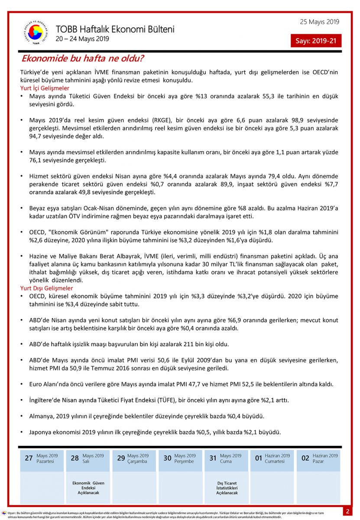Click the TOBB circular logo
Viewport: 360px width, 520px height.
[x=36, y=33]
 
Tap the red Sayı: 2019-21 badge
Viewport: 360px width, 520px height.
[x=316, y=41]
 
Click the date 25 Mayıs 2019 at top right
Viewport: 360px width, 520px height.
[x=319, y=22]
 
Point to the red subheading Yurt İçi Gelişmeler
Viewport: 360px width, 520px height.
[x=45, y=88]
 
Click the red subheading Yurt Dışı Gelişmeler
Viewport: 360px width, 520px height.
[x=47, y=288]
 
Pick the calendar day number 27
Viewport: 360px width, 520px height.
[x=29, y=458]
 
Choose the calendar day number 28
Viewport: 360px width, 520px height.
[x=75, y=458]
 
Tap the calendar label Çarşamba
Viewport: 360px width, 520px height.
[x=137, y=461]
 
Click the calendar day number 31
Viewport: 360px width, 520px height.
[x=213, y=458]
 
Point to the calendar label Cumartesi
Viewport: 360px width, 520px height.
[x=275, y=461]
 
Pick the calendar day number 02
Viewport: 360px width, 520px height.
[x=305, y=458]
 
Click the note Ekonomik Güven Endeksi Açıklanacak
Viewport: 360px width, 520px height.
[x=88, y=487]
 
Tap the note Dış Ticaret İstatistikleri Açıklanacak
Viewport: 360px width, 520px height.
[x=227, y=487]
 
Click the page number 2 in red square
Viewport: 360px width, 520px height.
[x=347, y=511]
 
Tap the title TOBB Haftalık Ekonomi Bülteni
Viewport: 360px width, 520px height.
[x=115, y=29]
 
